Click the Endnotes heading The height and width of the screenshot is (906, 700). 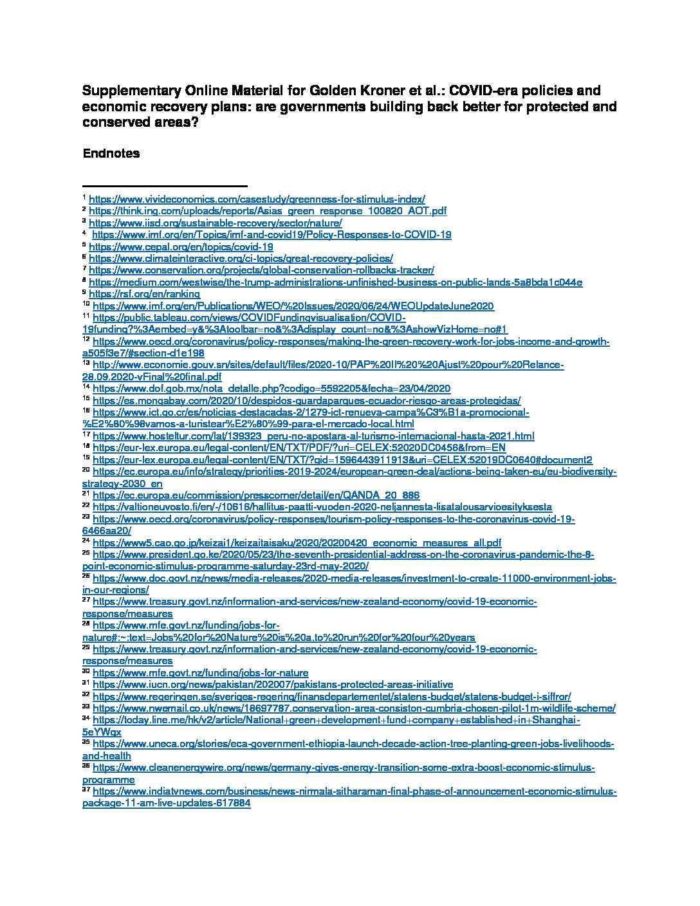(x=111, y=154)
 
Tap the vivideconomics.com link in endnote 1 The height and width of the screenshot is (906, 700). (x=257, y=199)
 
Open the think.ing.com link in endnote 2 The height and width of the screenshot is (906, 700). (x=267, y=211)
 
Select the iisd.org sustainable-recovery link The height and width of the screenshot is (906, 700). (x=215, y=223)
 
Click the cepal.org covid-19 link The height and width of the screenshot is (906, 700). (x=181, y=246)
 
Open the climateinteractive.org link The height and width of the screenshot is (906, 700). (x=241, y=258)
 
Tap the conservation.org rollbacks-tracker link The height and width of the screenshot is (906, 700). (x=261, y=270)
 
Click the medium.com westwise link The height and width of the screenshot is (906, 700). (x=335, y=282)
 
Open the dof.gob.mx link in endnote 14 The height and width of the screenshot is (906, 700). (x=272, y=389)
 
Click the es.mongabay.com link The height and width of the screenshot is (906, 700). (x=306, y=400)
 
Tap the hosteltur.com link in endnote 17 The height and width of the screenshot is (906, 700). (x=313, y=436)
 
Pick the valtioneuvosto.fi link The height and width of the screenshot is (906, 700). (x=322, y=507)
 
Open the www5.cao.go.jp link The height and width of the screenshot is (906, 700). (x=297, y=542)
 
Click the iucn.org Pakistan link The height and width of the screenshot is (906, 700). (x=273, y=685)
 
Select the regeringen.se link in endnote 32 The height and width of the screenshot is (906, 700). (x=331, y=696)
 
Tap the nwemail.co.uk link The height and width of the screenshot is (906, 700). (x=354, y=708)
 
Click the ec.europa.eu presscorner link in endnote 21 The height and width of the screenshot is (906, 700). (x=256, y=495)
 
